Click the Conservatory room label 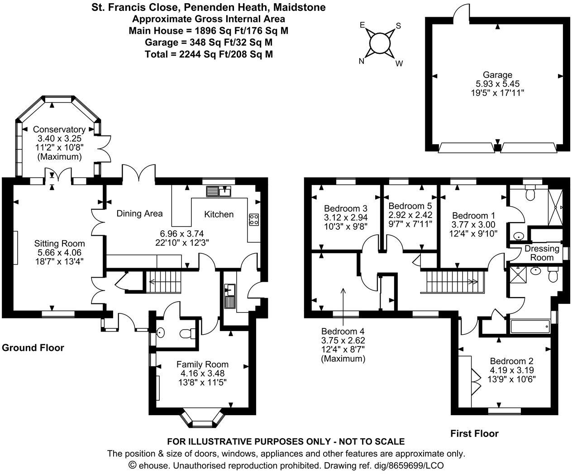[x=59, y=129]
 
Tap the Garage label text [x=497, y=75]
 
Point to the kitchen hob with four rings [x=254, y=220]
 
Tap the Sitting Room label [x=60, y=243]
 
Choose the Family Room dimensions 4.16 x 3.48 [x=202, y=373]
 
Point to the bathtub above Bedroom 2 [x=529, y=326]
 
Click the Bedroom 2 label [x=512, y=361]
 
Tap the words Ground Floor [x=33, y=348]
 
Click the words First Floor [x=474, y=433]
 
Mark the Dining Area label [x=139, y=213]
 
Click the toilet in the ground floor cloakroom [x=186, y=334]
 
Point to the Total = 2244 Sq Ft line [x=209, y=54]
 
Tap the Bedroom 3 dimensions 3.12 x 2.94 [x=345, y=218]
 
